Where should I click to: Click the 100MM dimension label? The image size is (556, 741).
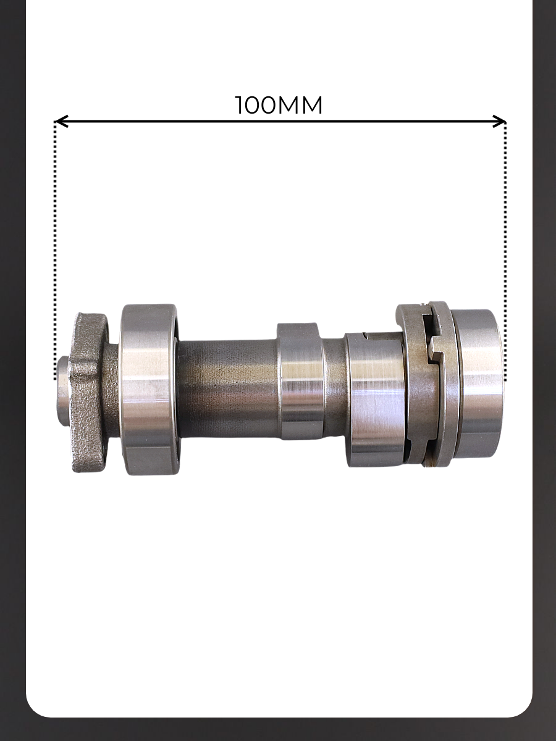tap(278, 105)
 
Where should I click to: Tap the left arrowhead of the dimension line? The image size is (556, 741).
tap(61, 121)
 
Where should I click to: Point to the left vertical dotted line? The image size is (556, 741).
tap(55, 251)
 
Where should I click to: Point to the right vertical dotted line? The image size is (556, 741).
tap(505, 251)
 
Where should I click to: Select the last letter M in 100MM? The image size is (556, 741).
tap(310, 106)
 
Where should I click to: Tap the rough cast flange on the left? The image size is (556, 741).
tap(88, 393)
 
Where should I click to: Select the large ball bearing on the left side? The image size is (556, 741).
tap(150, 389)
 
